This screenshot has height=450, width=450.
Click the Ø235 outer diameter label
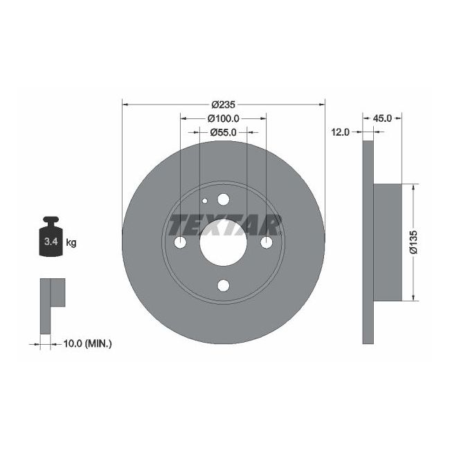click(223, 105)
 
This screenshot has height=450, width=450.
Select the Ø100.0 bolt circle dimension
click(224, 118)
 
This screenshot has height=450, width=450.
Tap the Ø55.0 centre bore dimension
click(223, 132)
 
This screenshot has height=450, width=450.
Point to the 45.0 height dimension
click(382, 118)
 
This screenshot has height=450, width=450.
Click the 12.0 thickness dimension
click(339, 132)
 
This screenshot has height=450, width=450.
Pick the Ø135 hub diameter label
click(413, 242)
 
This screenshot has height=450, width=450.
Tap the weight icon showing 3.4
click(51, 240)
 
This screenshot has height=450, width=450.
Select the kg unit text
click(71, 242)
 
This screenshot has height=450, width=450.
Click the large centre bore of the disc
click(223, 243)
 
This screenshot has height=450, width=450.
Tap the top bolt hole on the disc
click(223, 200)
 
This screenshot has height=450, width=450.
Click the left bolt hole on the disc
click(180, 243)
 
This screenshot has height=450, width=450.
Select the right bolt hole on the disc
click(267, 243)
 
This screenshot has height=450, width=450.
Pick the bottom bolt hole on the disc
click(223, 285)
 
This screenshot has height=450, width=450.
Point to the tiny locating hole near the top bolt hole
click(205, 201)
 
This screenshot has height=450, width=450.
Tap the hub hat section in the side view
click(387, 242)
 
